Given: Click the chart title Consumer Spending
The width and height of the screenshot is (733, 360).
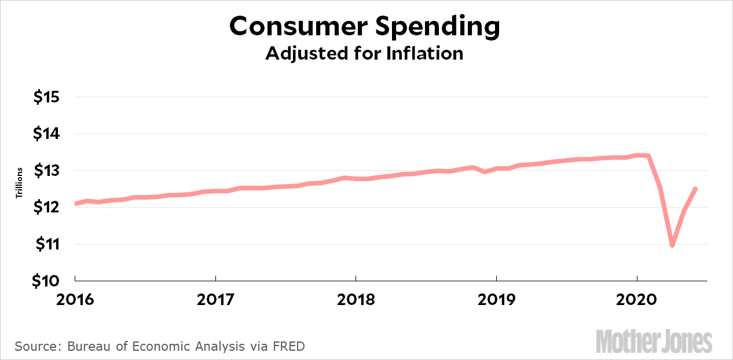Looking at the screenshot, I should point(364,27).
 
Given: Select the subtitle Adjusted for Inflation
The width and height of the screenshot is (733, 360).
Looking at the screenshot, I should point(364,53).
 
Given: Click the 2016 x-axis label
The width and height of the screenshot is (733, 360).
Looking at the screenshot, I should point(75,300).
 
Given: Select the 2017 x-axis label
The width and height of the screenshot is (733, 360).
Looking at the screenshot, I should point(215,300).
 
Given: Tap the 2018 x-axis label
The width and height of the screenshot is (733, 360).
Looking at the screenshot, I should point(356,300).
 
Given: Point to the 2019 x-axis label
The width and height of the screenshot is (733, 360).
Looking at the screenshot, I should point(496,300).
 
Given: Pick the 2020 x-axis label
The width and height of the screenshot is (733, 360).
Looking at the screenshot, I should point(637,300).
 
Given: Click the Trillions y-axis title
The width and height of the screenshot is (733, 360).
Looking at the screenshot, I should point(19,183).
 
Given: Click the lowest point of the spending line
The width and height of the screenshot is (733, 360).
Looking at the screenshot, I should point(672,245).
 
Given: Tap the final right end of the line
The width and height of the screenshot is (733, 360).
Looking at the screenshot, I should point(695,189).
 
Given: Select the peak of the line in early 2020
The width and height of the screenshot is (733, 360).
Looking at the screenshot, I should point(637,155).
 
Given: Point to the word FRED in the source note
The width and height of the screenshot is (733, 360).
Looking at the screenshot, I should point(290,347).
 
